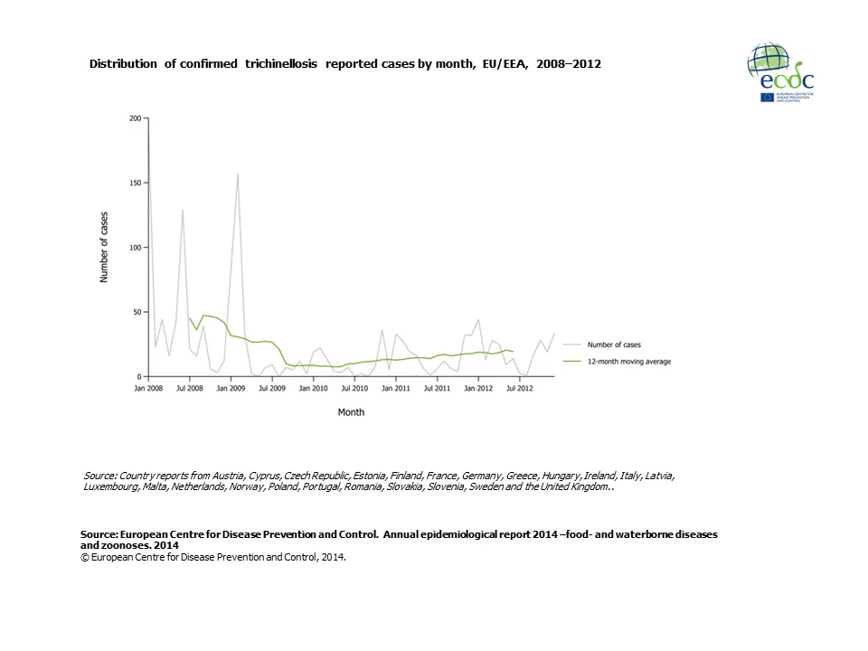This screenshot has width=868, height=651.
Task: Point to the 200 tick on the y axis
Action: pyautogui.click(x=136, y=118)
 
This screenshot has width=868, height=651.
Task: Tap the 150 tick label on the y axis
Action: pyautogui.click(x=136, y=183)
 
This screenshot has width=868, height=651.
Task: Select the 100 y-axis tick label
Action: pyautogui.click(x=136, y=248)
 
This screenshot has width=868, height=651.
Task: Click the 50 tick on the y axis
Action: pyautogui.click(x=137, y=312)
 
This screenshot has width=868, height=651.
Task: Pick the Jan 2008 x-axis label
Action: pyautogui.click(x=149, y=388)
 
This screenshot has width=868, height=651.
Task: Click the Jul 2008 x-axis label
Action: pyautogui.click(x=189, y=388)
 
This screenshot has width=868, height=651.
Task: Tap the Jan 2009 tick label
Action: pyautogui.click(x=231, y=388)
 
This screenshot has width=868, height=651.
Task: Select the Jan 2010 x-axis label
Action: pyautogui.click(x=313, y=388)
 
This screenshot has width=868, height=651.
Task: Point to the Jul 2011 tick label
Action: pyautogui.click(x=437, y=388)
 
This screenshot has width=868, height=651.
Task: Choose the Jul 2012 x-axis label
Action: pyautogui.click(x=518, y=388)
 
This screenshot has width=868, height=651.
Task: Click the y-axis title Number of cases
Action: pyautogui.click(x=104, y=247)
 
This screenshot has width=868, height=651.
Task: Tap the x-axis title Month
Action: pyautogui.click(x=351, y=412)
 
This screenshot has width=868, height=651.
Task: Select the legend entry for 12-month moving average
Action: pyautogui.click(x=628, y=361)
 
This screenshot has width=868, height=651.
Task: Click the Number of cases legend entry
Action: pyautogui.click(x=614, y=344)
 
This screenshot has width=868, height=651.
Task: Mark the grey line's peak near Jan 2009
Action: pyautogui.click(x=238, y=174)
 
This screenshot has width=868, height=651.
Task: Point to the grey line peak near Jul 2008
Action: pyautogui.click(x=183, y=210)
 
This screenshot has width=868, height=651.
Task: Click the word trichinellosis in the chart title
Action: pyautogui.click(x=280, y=65)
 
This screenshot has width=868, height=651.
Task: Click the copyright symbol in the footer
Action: pyautogui.click(x=84, y=557)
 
